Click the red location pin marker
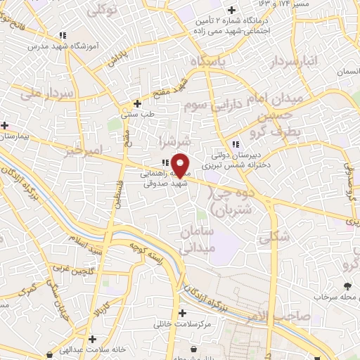181,165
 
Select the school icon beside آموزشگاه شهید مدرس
63,34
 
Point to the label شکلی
274,237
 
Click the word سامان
196,231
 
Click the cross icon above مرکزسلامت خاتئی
183,313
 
